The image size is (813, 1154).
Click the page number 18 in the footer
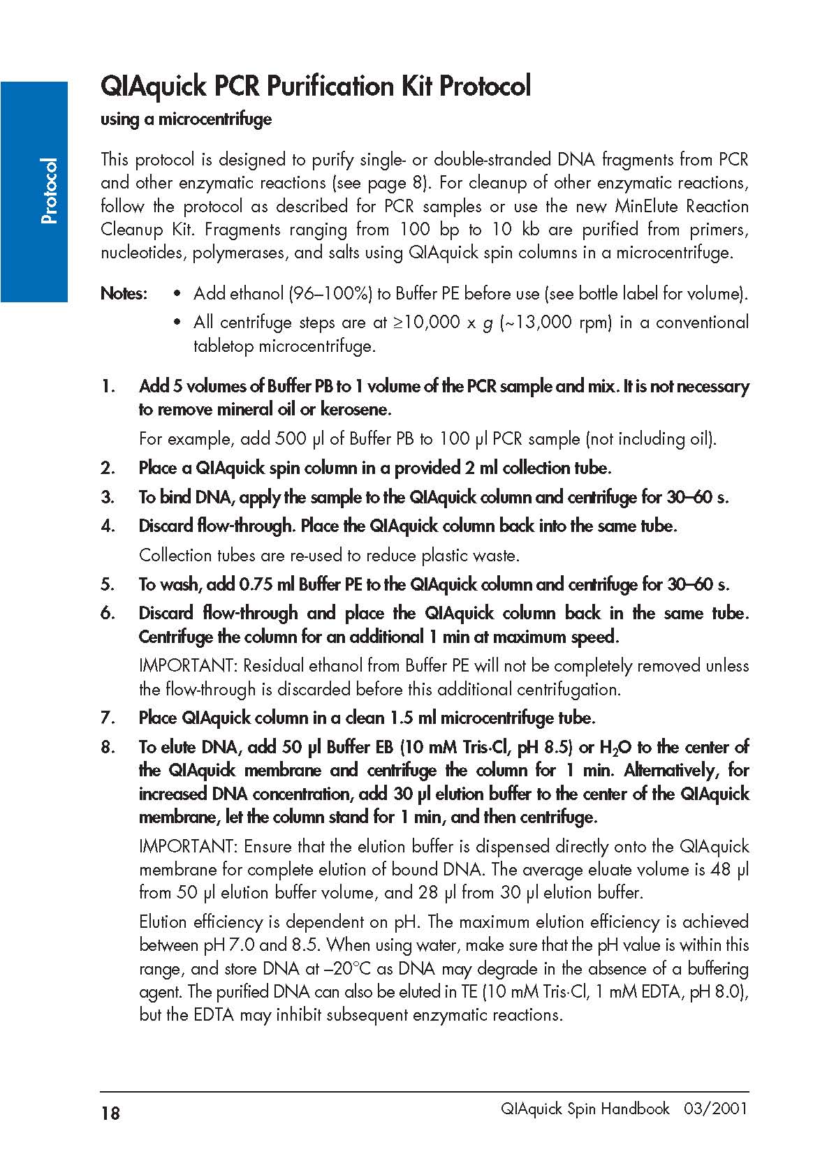[x=110, y=1113]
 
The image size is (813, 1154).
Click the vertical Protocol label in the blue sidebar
[x=49, y=191]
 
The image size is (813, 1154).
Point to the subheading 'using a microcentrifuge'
[x=186, y=119]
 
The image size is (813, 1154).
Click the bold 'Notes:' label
[x=124, y=293]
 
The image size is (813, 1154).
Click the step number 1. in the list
[x=108, y=387]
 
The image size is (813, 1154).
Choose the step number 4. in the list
[x=108, y=526]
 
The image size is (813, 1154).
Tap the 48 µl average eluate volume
[x=729, y=870]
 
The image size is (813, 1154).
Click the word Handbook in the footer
[x=633, y=1109]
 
